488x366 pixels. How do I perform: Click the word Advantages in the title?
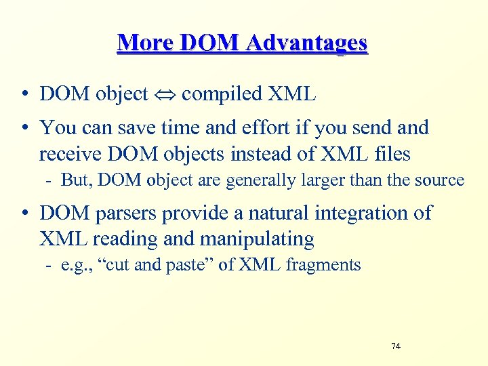click(x=307, y=43)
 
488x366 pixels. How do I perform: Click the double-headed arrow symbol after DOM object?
click(x=165, y=94)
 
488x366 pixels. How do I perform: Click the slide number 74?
click(x=396, y=346)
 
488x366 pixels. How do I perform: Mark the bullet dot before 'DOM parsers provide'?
click(x=24, y=213)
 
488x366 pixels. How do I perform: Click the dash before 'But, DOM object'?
click(x=51, y=180)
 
